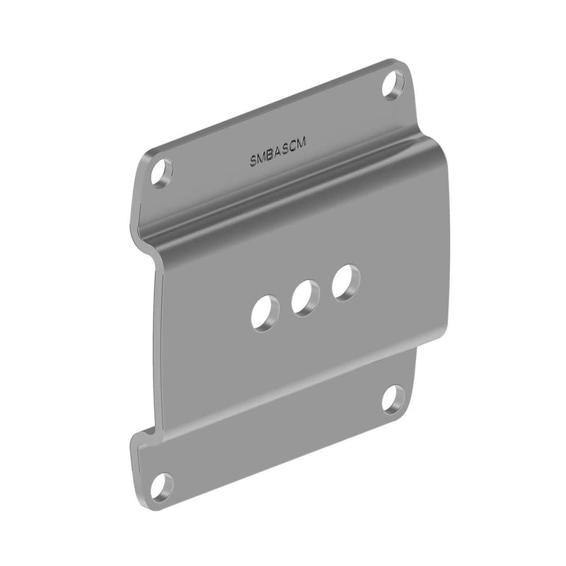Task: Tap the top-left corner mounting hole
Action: pos(162,172)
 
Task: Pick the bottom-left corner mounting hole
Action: pos(162,485)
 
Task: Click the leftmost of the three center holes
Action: pos(262,312)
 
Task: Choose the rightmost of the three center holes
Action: pos(345,282)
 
